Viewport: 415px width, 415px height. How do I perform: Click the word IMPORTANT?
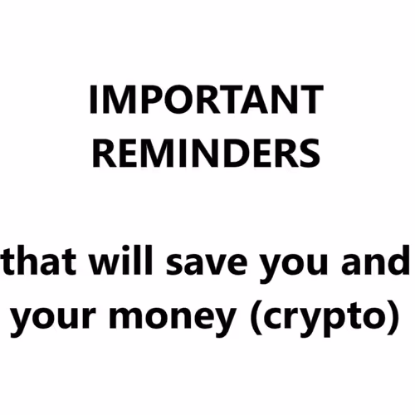[205, 101]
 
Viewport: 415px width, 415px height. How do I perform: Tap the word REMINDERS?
[205, 154]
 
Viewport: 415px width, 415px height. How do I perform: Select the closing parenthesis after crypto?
[381, 318]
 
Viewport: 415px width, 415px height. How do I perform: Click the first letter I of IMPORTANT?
[93, 101]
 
